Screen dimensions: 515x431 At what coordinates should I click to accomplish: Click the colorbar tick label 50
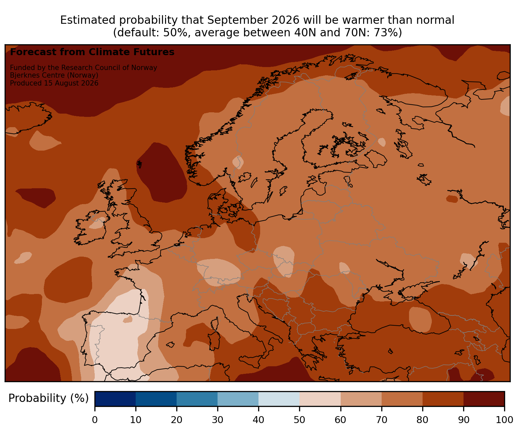[299, 420]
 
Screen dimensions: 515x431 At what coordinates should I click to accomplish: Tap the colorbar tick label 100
[504, 420]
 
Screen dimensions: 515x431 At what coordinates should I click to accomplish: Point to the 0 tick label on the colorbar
[95, 420]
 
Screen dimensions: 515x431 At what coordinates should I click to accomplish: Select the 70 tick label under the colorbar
[381, 420]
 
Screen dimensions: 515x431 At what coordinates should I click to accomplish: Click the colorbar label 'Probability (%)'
[48, 398]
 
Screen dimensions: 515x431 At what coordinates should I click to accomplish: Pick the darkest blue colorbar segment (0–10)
[115, 399]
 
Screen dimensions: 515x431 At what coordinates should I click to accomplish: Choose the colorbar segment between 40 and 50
[279, 399]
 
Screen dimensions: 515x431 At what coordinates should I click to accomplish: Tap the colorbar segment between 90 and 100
[484, 399]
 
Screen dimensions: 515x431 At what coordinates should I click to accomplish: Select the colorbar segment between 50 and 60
[320, 399]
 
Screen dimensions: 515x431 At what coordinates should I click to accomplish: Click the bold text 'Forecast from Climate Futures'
[92, 52]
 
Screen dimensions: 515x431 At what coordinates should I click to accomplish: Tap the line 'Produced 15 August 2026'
[54, 83]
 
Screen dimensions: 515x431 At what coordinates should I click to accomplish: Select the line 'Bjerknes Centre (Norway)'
[54, 75]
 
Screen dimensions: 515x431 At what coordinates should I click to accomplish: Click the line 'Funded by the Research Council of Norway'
[84, 68]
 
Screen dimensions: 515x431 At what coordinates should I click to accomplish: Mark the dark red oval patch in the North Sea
[161, 173]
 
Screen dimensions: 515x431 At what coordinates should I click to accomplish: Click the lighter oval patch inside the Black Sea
[420, 320]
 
